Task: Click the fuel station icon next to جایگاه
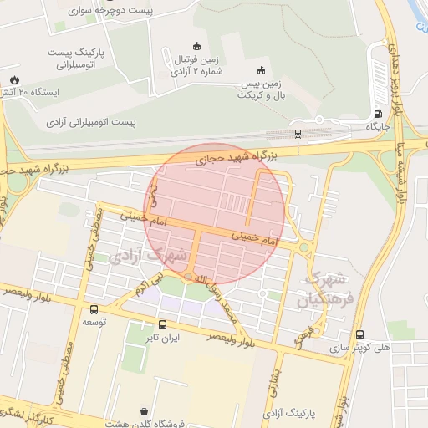pos(378,115)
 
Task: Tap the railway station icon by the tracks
pos(298,133)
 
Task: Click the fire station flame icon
pos(14,79)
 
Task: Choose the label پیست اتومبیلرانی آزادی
pos(91,122)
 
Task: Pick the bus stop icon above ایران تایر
pos(162,324)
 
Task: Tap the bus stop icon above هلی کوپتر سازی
pos(359,334)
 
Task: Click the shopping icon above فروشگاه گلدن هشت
pos(145,411)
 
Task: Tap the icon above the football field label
pos(196,46)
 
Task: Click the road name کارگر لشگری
pos(25,415)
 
